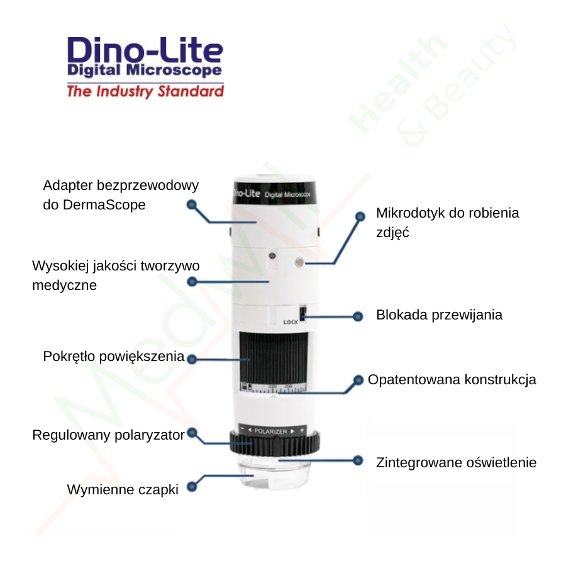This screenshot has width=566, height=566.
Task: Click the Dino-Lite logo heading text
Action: tap(145, 50)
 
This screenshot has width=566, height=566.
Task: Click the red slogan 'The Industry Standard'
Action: tap(145, 92)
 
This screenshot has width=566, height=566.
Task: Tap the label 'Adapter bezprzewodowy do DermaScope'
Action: tap(120, 195)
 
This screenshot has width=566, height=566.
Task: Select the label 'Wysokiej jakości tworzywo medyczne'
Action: tap(116, 275)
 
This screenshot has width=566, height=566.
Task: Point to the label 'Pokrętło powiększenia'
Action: tap(113, 357)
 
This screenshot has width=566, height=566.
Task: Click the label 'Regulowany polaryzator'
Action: tap(108, 435)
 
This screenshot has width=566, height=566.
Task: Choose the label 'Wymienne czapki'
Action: tap(123, 489)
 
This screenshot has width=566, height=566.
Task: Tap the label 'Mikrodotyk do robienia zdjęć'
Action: tap(447, 222)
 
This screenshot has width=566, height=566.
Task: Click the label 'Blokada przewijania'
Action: tap(439, 315)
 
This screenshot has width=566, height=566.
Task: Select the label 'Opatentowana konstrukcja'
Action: tap(452, 380)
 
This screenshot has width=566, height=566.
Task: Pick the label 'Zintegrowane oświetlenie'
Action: tap(456, 463)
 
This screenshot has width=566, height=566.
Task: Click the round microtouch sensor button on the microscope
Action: tap(299, 261)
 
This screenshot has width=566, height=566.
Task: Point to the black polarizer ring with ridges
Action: tap(275, 445)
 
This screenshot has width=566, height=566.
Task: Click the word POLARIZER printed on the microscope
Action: tap(271, 431)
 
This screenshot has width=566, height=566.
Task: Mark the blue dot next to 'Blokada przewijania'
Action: tap(359, 316)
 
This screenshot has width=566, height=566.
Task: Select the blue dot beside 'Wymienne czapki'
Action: tap(192, 486)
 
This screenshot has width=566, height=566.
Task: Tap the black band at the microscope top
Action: tap(274, 191)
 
